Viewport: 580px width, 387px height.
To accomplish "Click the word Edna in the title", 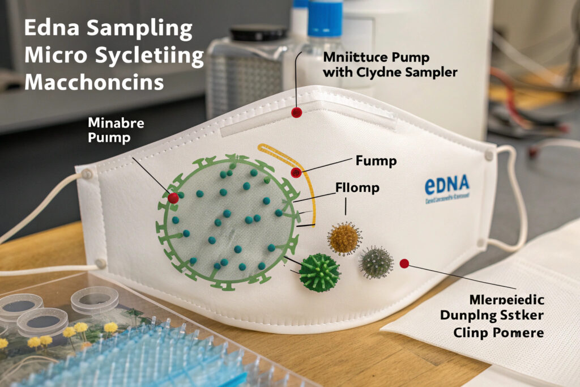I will click(x=49, y=29).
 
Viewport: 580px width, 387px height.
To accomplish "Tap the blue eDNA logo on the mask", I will click(x=447, y=184).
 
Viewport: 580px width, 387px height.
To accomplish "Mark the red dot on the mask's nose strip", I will click(x=296, y=112).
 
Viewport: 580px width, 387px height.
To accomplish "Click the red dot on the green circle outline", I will click(x=173, y=198).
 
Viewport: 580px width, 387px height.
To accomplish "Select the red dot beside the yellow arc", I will click(x=295, y=172).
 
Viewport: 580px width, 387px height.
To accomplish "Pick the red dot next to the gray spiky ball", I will click(x=404, y=263).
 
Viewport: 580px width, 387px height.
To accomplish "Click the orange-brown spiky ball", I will click(x=344, y=238).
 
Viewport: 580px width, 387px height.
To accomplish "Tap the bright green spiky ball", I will click(x=319, y=272).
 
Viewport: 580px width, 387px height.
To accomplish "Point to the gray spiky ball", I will click(x=376, y=262).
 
